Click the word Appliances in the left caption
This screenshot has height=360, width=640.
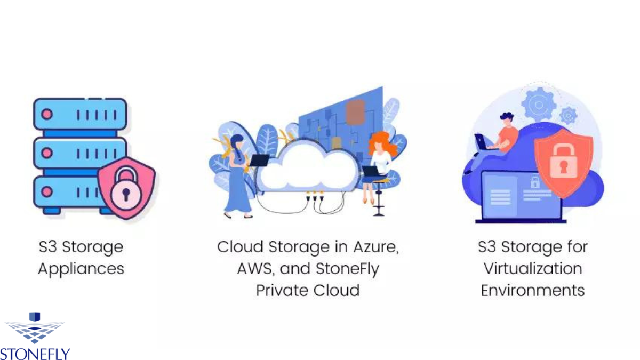pos(81,268)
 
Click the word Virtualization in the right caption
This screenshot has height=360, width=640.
pos(532,268)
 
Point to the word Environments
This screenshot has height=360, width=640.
pos(532,290)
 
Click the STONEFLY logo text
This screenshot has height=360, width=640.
pos(35,354)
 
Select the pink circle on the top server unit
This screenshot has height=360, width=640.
pos(47,114)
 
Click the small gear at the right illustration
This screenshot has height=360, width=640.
pos(569,115)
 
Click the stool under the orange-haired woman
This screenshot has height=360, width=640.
pos(379,200)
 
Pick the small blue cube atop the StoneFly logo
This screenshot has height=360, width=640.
pos(35,317)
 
